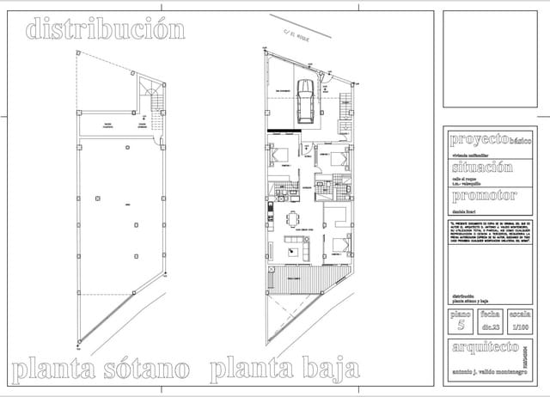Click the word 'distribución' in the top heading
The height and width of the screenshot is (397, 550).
point(106,29)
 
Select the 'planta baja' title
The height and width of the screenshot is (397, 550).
point(284,371)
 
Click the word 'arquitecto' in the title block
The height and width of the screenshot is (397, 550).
point(485,347)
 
